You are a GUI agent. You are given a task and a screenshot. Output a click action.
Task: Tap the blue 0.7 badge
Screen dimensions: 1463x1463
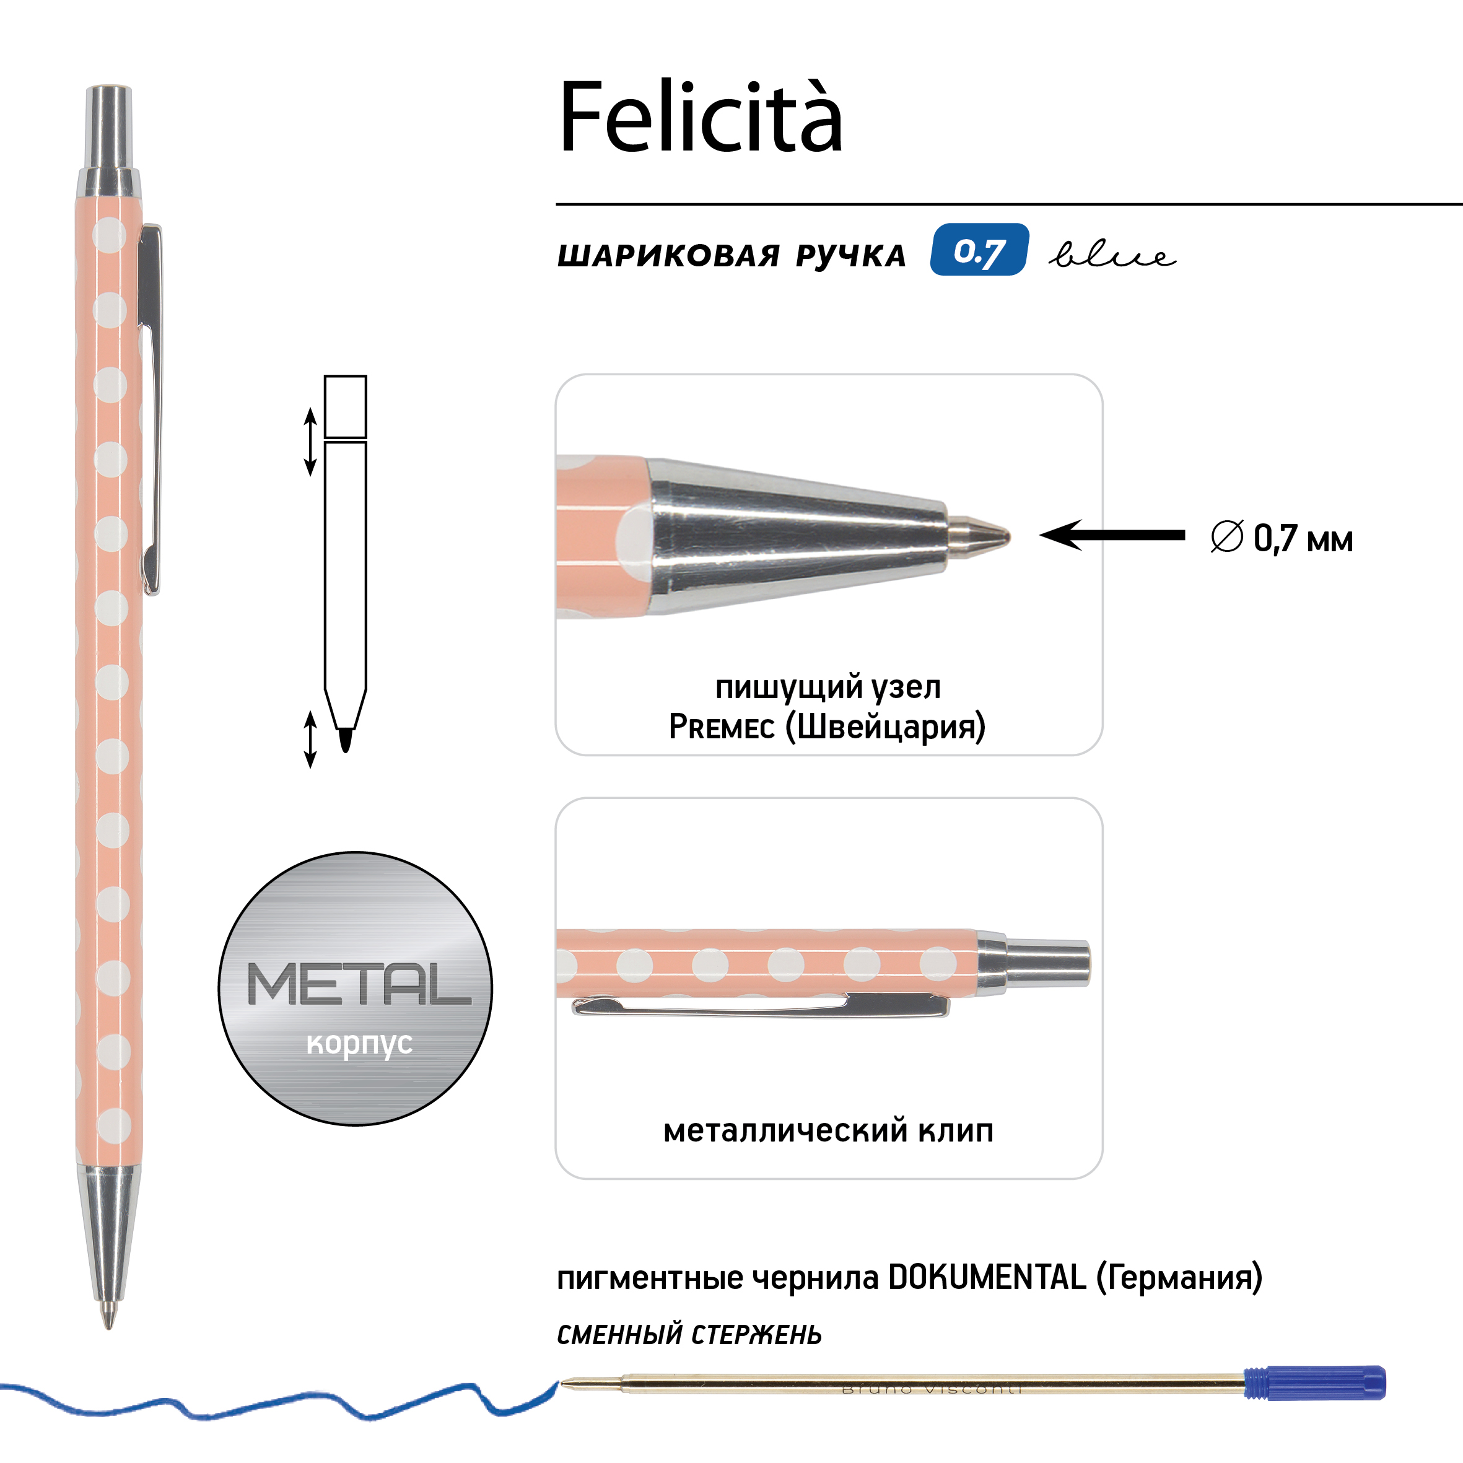point(979,250)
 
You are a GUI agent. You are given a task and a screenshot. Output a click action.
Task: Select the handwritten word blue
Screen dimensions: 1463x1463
point(1112,255)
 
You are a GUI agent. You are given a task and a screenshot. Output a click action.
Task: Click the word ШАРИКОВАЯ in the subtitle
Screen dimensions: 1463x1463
point(669,256)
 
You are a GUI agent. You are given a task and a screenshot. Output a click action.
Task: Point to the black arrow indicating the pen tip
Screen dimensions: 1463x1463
point(1112,535)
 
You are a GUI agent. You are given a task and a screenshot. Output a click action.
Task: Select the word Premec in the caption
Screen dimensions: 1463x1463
point(721,727)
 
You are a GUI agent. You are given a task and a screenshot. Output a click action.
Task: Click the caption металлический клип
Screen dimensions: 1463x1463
point(828,1130)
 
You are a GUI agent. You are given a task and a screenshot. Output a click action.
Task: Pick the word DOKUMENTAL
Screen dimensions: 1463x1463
point(987,1277)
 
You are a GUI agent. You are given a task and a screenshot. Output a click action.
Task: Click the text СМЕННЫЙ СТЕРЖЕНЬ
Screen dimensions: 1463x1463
point(689,1334)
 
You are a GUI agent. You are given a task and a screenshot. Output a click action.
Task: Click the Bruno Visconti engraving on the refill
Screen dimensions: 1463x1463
point(932,1389)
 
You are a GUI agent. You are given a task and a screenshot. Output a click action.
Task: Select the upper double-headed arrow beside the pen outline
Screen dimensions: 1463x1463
point(310,442)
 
